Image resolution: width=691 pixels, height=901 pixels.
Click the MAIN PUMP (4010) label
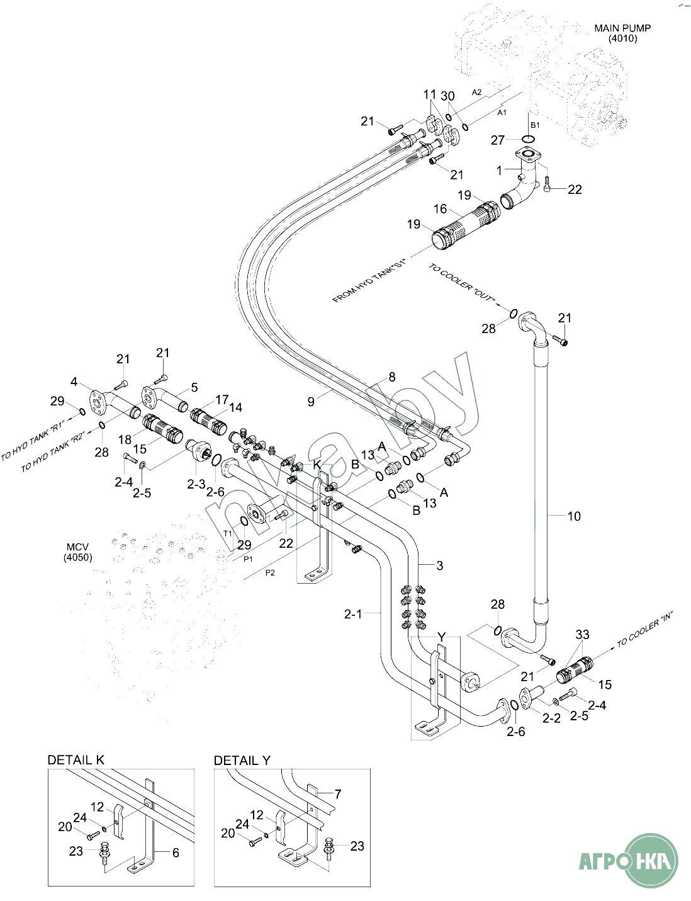(x=622, y=33)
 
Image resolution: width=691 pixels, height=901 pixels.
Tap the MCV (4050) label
(x=77, y=552)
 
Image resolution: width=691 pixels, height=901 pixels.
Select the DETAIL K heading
(x=76, y=760)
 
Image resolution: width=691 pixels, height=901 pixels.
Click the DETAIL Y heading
(x=242, y=761)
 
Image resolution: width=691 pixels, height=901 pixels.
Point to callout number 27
(x=498, y=140)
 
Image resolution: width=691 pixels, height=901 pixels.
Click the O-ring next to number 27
(x=529, y=139)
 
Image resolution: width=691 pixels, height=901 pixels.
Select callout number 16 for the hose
(x=440, y=208)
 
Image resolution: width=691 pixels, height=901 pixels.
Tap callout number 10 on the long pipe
(x=574, y=516)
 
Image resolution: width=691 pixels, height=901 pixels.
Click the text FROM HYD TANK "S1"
(x=369, y=280)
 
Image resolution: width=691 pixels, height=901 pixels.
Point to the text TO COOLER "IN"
(x=644, y=630)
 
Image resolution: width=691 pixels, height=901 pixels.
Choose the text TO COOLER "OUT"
(x=462, y=285)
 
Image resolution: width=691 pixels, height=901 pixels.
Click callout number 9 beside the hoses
(x=311, y=401)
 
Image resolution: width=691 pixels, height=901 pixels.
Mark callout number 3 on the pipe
(x=439, y=565)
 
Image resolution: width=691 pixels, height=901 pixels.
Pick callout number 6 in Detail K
(x=176, y=853)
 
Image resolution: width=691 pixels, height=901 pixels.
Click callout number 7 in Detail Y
(x=338, y=794)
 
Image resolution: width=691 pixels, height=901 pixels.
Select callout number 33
(x=582, y=635)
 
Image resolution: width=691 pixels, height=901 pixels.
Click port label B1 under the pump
(x=535, y=125)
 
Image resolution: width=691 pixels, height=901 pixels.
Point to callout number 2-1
(x=353, y=613)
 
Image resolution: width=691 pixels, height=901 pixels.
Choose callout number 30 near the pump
(x=447, y=96)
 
